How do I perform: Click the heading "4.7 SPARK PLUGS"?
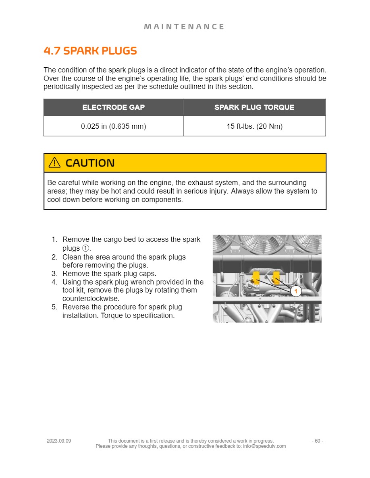tap(90, 51)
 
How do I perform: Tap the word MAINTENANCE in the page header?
tap(184, 27)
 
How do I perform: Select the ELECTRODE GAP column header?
tap(113, 107)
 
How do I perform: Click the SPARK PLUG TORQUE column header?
tap(254, 107)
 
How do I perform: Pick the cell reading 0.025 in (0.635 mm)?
tap(113, 126)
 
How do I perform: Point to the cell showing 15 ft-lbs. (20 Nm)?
tap(254, 126)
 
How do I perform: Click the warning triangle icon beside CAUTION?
tap(54, 163)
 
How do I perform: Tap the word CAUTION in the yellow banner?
tap(90, 163)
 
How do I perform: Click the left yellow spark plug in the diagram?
tap(255, 278)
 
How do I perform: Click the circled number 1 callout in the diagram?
tap(296, 291)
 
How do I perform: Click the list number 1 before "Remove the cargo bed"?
tap(54, 240)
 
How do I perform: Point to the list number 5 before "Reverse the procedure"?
tap(54, 307)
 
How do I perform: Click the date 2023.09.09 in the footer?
tap(59, 441)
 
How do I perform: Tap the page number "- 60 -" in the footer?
tap(317, 441)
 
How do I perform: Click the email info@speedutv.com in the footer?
tap(264, 446)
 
